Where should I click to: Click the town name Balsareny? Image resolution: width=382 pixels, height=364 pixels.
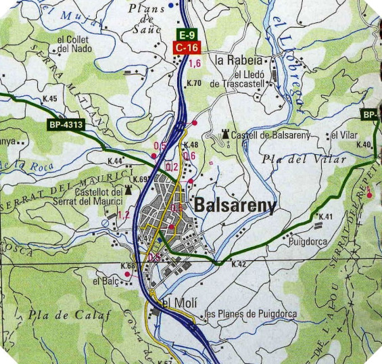(x=235, y=206)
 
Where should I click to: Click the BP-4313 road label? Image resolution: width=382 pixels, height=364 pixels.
(x=66, y=124)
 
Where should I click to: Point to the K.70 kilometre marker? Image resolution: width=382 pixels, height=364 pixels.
(x=193, y=84)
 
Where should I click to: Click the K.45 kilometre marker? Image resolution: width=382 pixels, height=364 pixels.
(x=49, y=99)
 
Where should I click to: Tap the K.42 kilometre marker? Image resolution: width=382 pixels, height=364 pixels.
(x=238, y=264)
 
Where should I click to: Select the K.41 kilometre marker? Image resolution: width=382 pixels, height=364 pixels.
(x=326, y=217)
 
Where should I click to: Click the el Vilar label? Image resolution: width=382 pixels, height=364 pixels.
(x=344, y=135)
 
